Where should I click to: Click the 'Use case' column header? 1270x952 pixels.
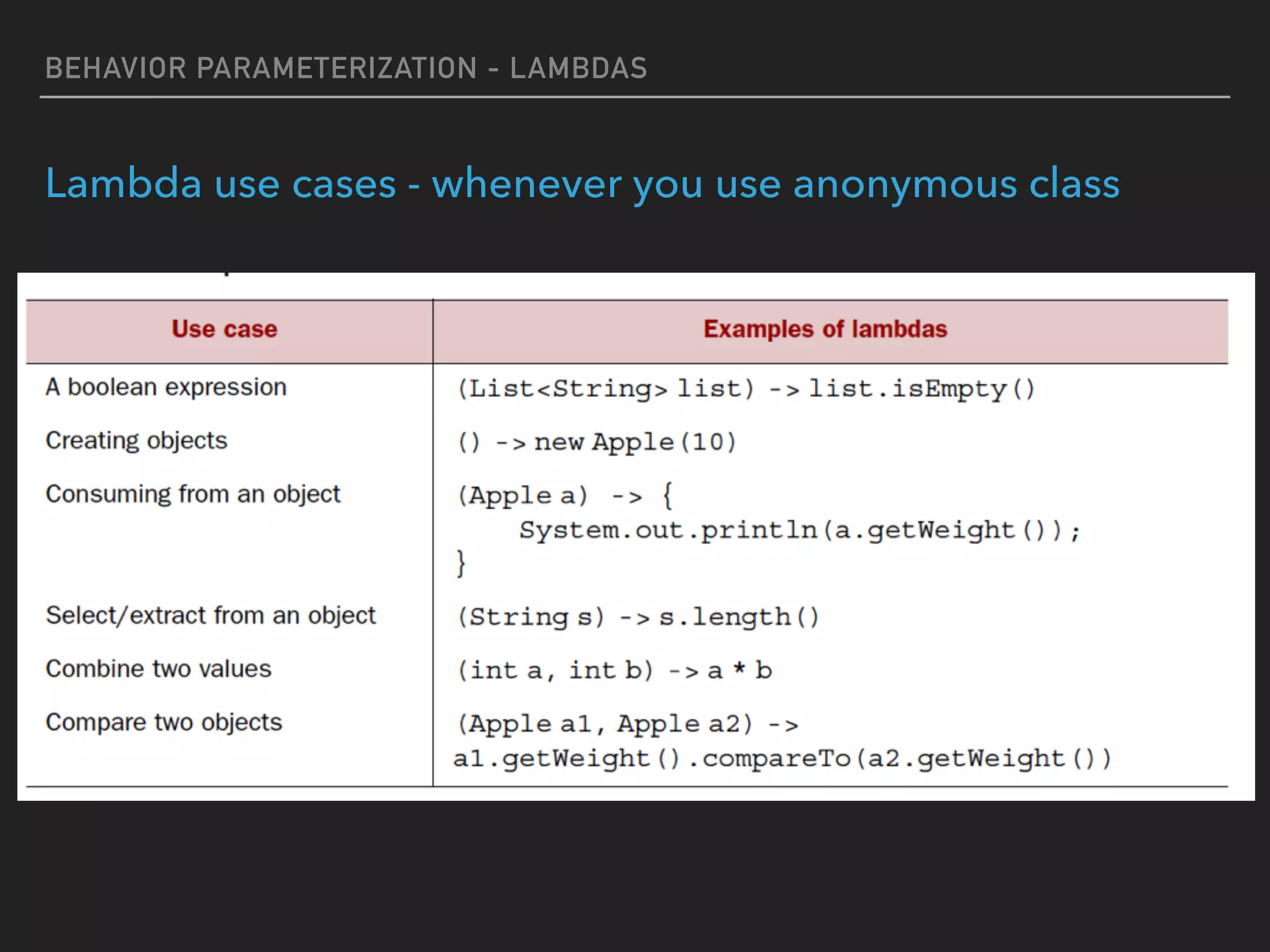[x=224, y=329]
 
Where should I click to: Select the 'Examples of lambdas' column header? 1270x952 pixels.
[x=825, y=329]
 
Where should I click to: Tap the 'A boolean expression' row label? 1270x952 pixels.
[x=166, y=387]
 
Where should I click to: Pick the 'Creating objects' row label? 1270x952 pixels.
[x=136, y=441]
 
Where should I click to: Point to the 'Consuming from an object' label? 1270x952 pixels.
[x=193, y=495]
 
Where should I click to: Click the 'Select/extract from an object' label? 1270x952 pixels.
[x=210, y=615]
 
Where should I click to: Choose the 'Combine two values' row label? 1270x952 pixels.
[x=159, y=669]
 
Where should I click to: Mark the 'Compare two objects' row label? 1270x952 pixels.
[x=164, y=723]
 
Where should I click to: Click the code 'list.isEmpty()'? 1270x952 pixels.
[x=921, y=389]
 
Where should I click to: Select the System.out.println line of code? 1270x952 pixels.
[x=799, y=531]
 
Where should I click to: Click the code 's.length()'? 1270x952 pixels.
[x=739, y=617]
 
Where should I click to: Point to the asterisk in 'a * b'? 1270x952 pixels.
[x=739, y=669]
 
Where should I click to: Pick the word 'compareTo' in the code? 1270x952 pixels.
[x=776, y=759]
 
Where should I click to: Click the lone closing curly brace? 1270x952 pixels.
[x=461, y=563]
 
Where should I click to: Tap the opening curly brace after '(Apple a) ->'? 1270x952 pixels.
[x=667, y=496]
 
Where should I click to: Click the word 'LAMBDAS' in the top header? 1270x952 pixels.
[x=578, y=68]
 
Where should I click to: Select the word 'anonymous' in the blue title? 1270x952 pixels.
[x=905, y=184]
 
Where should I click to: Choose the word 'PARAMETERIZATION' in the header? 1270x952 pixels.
[x=337, y=68]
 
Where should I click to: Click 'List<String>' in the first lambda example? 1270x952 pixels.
[x=567, y=389]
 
